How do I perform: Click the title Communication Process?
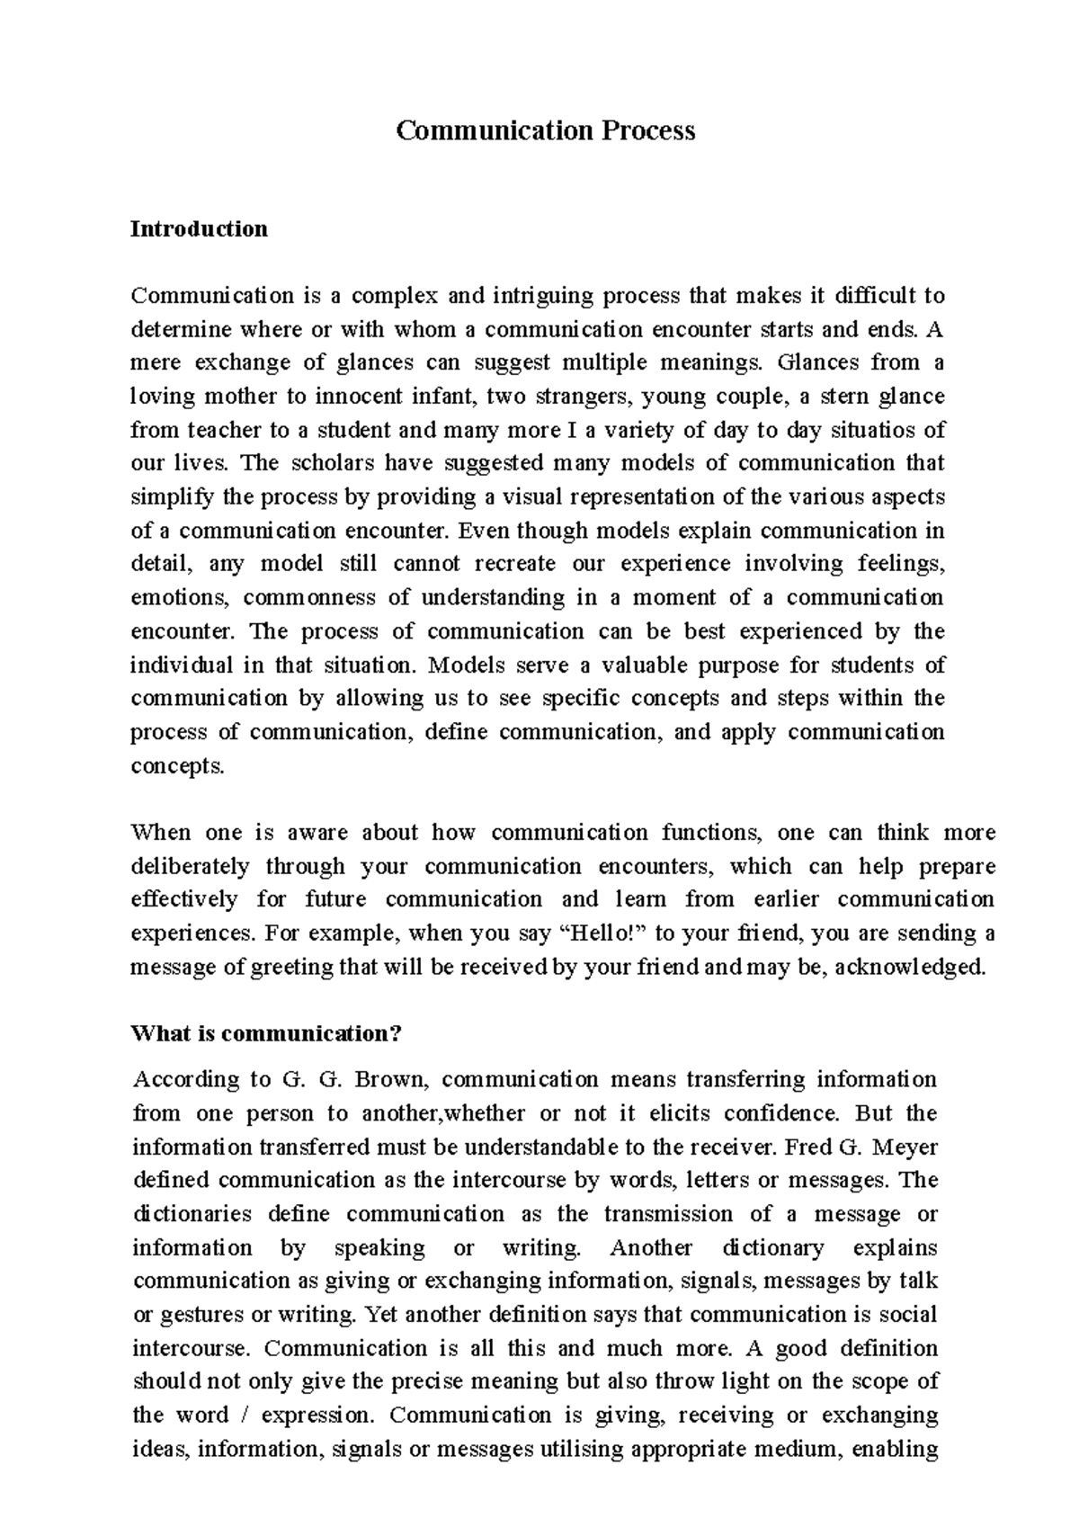click(546, 131)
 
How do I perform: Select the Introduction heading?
click(199, 229)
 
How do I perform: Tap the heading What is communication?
click(265, 1034)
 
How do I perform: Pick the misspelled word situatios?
click(868, 430)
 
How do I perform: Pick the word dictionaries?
click(192, 1214)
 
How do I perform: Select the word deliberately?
click(190, 867)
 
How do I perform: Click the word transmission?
click(669, 1214)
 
